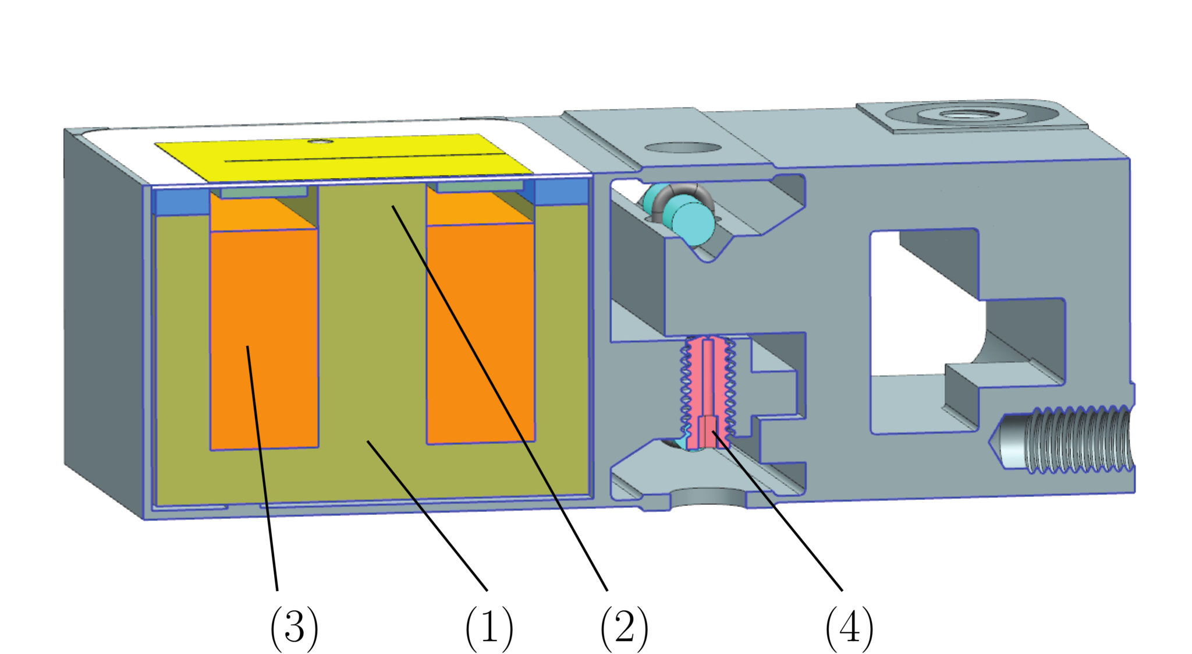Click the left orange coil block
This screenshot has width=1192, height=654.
(x=264, y=338)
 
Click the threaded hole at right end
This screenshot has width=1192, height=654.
(x=1077, y=440)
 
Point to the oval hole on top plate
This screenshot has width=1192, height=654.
(x=682, y=147)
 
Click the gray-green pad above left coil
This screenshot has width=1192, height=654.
(x=264, y=192)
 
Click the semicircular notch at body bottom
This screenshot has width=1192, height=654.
(x=708, y=498)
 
